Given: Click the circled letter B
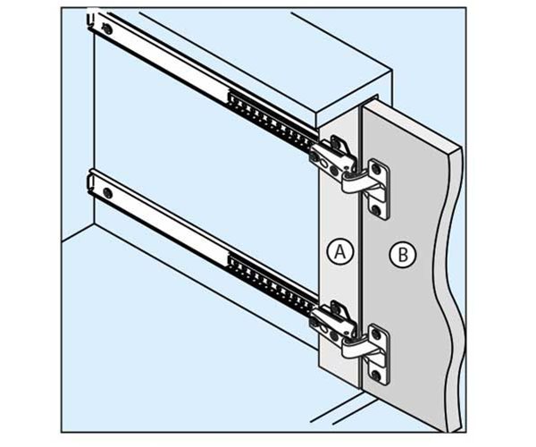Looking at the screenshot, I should pyautogui.click(x=404, y=256).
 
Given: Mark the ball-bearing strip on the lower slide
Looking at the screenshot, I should pyautogui.click(x=268, y=278).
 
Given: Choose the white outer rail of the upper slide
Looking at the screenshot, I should pyautogui.click(x=179, y=63).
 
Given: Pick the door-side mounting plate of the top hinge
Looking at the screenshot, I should pyautogui.click(x=379, y=189).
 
